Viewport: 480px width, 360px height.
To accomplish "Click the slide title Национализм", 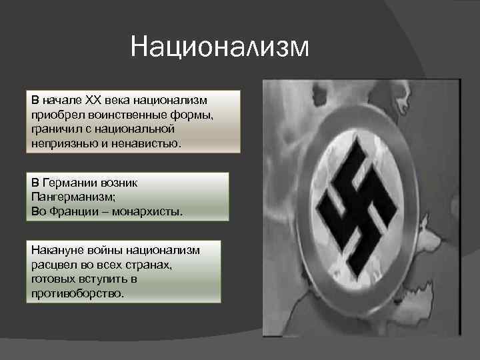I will click(221, 47).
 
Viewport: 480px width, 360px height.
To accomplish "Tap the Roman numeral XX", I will click(93, 100).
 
